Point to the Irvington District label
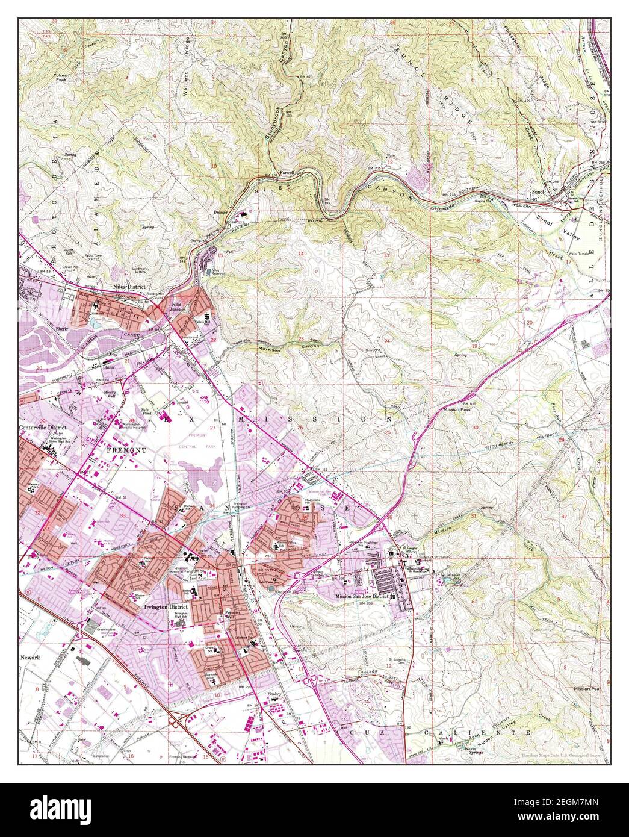[166, 608]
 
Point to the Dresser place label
[222, 213]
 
